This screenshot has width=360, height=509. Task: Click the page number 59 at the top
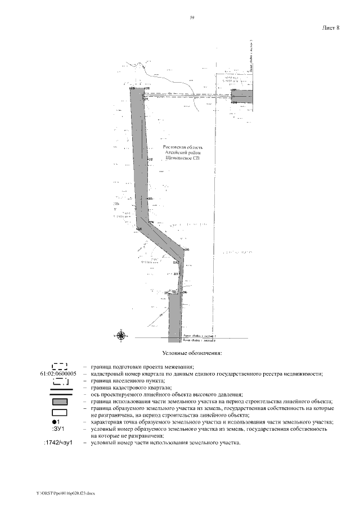pos(192,19)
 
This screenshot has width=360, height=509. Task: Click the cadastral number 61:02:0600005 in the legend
pos(59,373)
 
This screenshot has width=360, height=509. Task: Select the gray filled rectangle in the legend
pos(59,402)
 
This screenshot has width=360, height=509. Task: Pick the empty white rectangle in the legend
pos(59,412)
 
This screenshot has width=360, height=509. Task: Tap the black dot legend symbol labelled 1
pos(55,422)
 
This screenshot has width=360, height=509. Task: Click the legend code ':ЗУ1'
pos(58,429)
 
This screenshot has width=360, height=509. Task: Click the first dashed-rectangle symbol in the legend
pos(59,366)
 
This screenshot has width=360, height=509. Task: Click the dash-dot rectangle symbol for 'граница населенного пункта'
pos(59,381)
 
